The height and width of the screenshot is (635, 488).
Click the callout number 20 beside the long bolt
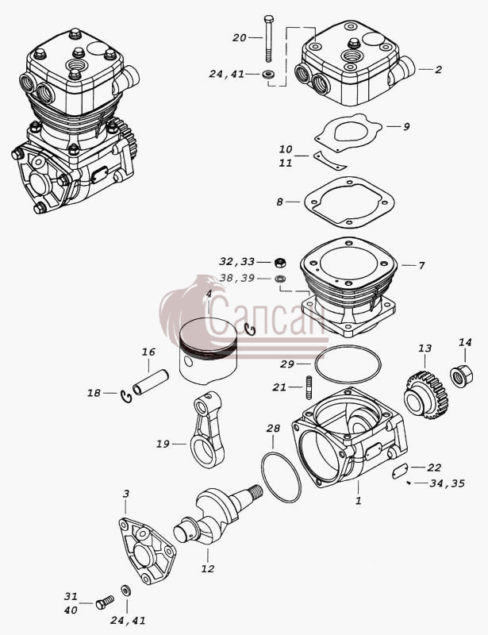239,37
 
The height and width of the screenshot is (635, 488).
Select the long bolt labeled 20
268,38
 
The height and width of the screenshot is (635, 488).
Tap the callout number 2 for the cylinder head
438,69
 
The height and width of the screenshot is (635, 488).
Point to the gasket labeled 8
349,202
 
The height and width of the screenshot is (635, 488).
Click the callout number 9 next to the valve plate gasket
406,126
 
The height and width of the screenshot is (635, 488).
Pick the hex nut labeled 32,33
280,262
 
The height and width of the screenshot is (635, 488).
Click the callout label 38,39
237,279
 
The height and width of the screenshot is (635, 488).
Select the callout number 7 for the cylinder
421,266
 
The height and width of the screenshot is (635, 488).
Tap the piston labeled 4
208,350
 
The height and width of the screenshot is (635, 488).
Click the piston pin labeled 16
150,382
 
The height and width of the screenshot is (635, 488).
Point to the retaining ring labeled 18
126,396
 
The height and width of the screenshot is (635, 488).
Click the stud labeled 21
310,387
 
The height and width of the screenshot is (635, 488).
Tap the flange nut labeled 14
461,375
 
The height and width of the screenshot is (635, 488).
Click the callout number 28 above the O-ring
274,429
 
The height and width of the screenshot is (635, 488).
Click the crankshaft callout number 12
207,568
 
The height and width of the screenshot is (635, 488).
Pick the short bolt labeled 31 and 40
105,602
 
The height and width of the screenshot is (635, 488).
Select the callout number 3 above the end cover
126,494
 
